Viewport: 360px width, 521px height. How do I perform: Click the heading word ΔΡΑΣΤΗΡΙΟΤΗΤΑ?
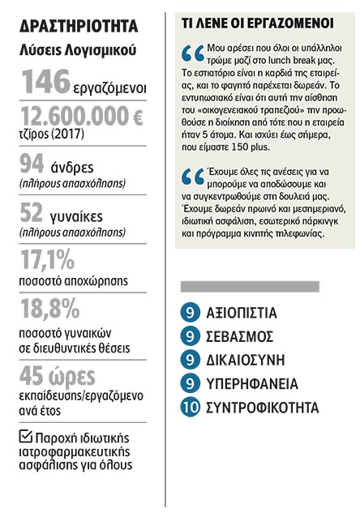tap(79, 26)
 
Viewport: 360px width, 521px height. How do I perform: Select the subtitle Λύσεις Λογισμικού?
tap(78, 52)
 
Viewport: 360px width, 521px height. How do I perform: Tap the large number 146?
tap(48, 83)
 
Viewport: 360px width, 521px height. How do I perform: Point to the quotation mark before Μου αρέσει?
tap(193, 54)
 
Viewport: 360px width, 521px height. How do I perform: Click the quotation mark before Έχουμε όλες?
tap(193, 177)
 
